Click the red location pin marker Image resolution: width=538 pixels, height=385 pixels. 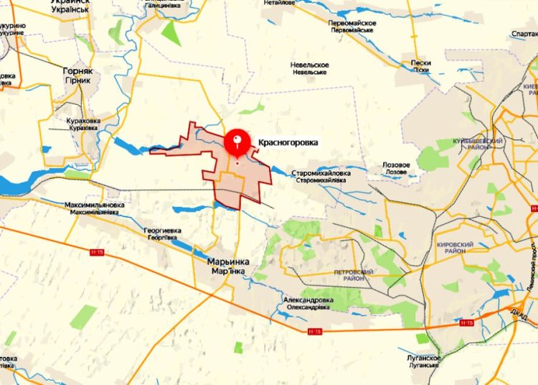click(237, 141)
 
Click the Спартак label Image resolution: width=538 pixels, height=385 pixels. click(523, 34)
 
